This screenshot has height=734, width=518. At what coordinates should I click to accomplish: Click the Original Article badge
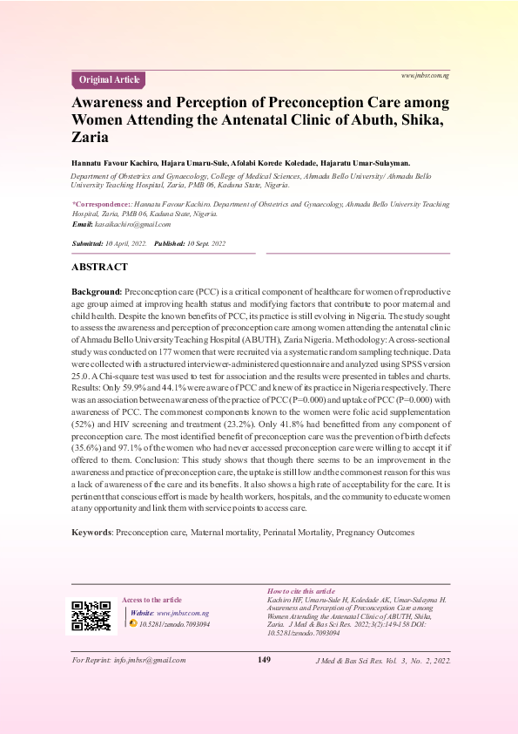[109, 80]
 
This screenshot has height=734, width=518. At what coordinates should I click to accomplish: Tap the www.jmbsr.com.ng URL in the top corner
[425, 76]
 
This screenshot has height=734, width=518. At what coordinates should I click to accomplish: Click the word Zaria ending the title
[90, 137]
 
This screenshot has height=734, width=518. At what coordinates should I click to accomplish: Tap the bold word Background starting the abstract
[96, 289]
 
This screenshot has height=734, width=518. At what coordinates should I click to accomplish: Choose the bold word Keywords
[91, 532]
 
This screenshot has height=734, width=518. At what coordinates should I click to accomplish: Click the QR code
[91, 615]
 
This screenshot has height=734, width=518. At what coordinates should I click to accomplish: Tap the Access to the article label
[151, 600]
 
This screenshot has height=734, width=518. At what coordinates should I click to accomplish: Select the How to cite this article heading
[300, 591]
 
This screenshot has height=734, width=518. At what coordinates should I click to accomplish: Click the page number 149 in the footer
[265, 659]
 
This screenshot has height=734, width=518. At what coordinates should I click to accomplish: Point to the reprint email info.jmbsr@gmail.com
[149, 660]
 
